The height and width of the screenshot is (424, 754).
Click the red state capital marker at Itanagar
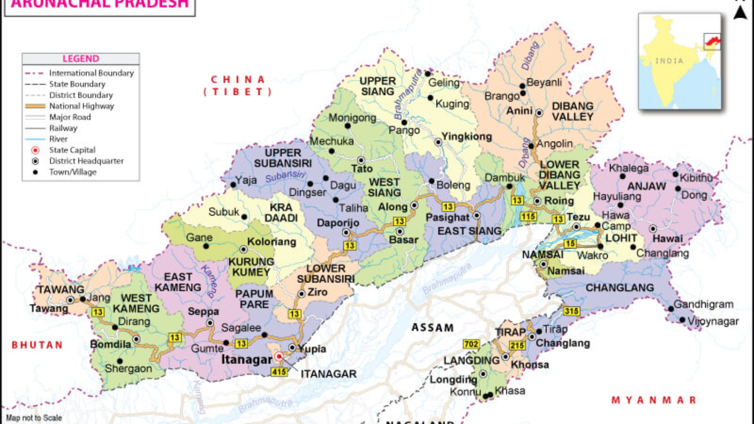279,356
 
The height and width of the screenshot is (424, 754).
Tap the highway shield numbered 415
279,372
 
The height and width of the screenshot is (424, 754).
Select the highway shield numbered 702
471,344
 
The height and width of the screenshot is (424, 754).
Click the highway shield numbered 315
571,311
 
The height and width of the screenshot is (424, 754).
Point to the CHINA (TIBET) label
238,86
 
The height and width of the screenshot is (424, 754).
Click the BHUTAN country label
37,345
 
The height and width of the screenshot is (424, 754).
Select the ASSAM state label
432,328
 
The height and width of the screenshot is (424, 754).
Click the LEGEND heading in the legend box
81,59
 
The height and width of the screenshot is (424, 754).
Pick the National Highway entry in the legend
81,106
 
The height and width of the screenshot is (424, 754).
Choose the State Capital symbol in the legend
35,150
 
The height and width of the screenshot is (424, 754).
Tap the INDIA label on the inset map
669,61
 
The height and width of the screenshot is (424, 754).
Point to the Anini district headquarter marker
539,113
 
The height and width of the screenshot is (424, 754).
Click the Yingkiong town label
467,137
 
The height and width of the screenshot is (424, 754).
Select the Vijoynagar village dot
682,319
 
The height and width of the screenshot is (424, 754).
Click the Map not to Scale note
34,418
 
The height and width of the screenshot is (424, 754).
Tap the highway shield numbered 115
528,216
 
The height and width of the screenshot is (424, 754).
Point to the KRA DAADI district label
281,212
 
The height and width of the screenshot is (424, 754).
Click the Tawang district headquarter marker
70,300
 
